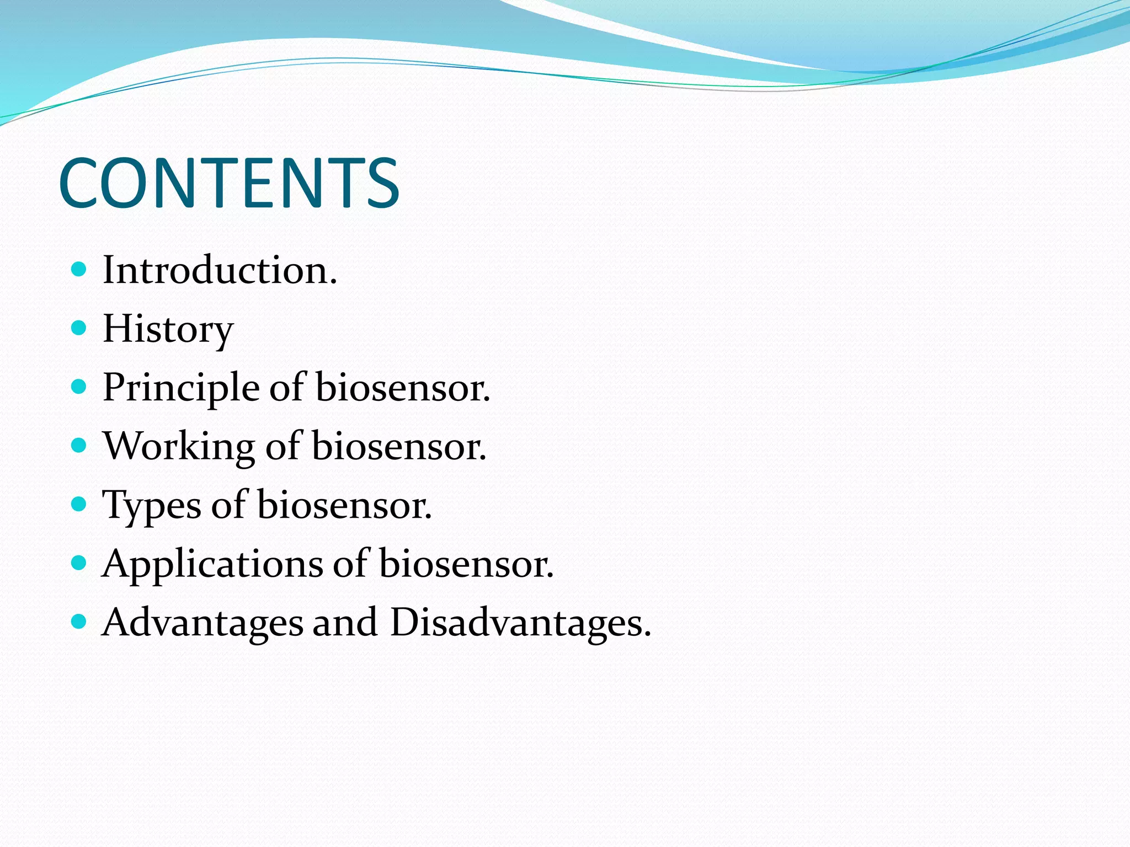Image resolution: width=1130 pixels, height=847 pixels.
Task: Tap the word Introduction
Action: click(219, 271)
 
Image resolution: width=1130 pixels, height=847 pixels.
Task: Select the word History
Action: click(168, 329)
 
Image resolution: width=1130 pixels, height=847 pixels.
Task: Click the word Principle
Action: click(181, 388)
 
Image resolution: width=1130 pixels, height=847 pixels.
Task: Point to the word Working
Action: click(179, 447)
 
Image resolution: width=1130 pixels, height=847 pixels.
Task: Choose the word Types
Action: click(152, 506)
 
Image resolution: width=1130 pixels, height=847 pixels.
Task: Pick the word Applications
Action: click(212, 564)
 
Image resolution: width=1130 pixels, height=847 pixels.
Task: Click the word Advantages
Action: click(202, 623)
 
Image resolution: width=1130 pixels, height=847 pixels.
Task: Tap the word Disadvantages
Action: click(520, 623)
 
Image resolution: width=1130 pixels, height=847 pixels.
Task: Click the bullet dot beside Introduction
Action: click(79, 270)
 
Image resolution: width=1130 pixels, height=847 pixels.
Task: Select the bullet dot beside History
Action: click(79, 328)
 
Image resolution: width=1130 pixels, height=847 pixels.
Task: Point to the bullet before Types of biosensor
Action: click(79, 504)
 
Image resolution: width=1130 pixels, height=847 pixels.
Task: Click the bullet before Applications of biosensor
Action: click(79, 563)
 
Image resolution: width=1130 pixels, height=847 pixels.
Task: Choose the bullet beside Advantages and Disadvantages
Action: click(79, 621)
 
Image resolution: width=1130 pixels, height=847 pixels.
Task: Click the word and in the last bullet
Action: click(345, 623)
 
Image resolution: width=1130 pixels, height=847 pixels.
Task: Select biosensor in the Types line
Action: click(344, 506)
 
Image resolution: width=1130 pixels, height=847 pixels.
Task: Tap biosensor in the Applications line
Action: click(466, 564)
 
